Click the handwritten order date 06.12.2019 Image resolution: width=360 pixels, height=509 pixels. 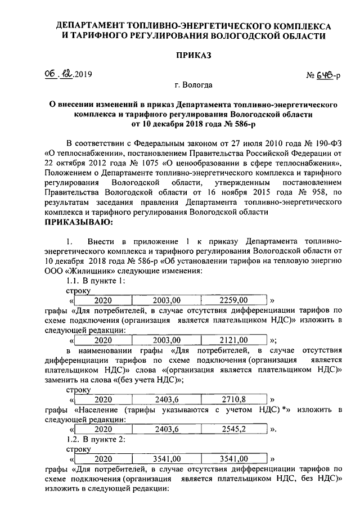71,74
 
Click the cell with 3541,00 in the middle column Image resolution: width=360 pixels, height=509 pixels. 166,458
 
